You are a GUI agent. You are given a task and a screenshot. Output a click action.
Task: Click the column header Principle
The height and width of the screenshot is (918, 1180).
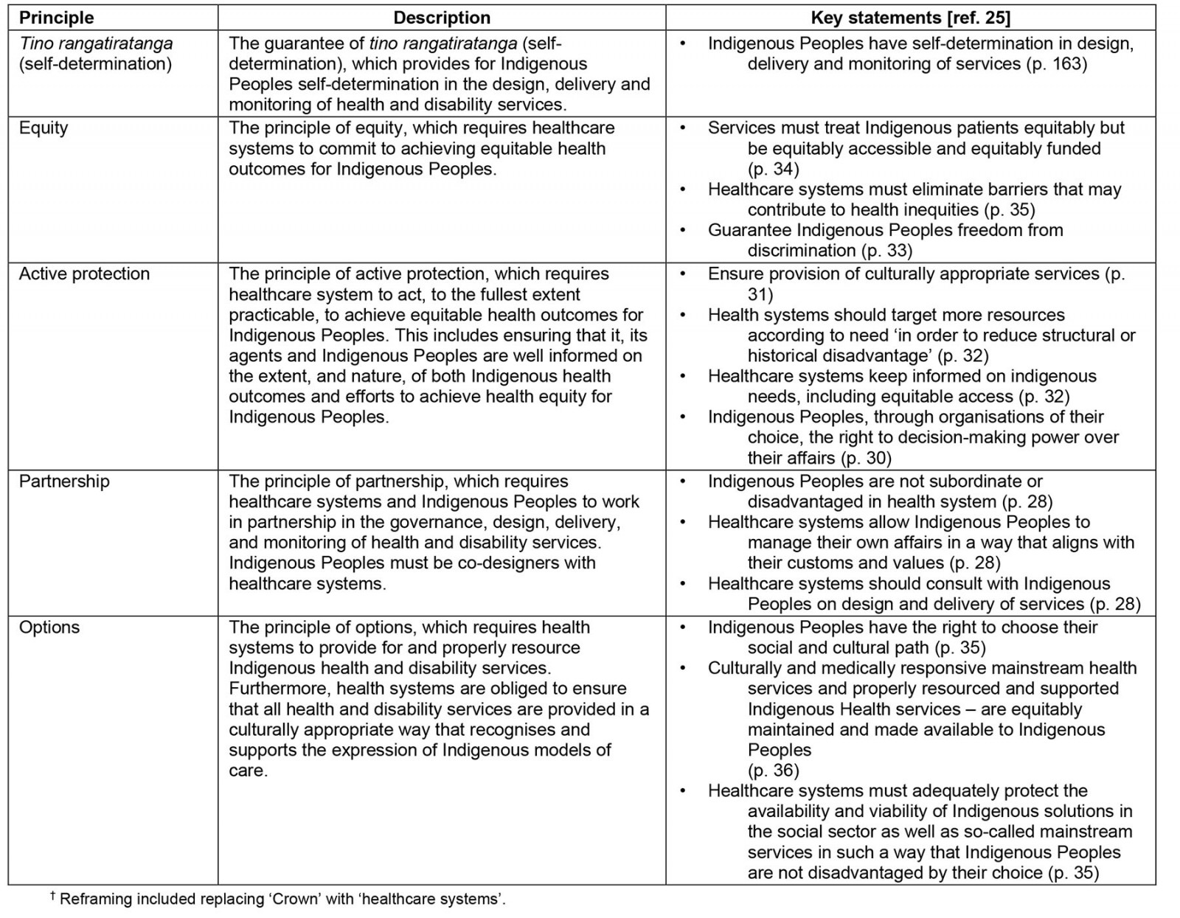[56, 18]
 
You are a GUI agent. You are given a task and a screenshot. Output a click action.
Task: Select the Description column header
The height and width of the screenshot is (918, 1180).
[441, 18]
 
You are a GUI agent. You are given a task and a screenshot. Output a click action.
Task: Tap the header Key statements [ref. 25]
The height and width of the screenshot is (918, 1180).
[910, 18]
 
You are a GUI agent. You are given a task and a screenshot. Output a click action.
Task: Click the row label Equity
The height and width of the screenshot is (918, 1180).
[44, 128]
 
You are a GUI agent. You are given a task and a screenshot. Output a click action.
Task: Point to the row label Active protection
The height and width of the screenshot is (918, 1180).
[84, 274]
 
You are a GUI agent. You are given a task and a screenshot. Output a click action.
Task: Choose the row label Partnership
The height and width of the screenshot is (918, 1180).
[64, 481]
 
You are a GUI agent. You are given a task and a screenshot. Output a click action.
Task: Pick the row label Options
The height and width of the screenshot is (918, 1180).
[49, 627]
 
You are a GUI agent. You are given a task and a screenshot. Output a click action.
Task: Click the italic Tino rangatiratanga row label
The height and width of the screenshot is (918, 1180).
[96, 44]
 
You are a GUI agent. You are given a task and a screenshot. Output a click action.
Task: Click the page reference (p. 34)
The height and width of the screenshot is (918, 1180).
[773, 169]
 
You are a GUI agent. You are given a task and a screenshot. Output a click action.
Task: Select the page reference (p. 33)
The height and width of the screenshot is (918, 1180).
[887, 251]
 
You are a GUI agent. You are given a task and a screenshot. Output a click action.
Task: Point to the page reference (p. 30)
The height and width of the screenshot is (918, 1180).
[866, 458]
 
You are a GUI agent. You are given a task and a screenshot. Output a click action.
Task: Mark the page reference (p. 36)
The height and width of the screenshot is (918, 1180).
[773, 771]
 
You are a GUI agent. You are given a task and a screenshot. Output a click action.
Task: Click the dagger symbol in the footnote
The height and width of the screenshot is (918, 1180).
[52, 896]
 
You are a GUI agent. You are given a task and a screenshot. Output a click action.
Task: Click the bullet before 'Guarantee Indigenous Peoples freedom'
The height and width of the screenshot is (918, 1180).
[683, 230]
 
